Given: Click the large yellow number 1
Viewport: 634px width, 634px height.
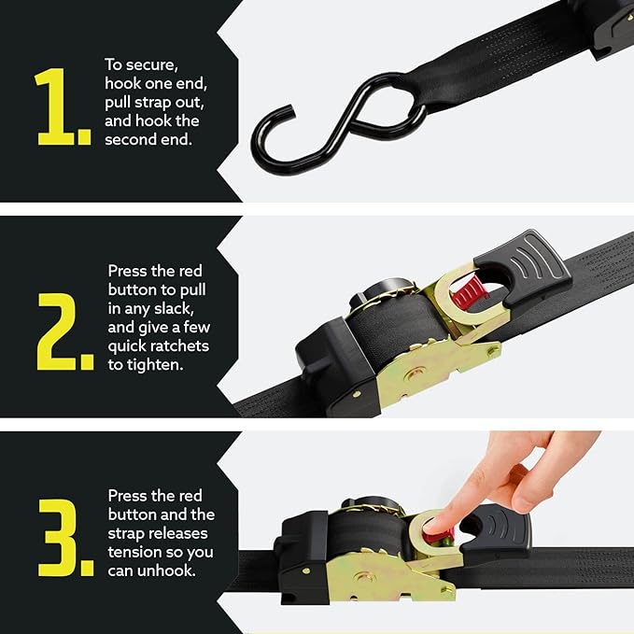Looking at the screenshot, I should point(62,107).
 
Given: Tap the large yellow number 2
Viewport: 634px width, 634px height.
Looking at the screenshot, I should point(63,331).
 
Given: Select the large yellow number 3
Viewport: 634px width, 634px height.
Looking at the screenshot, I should point(63,538).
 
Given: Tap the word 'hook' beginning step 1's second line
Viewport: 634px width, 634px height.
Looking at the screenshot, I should point(121,84).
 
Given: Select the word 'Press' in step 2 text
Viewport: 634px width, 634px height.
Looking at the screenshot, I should point(128,272).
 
